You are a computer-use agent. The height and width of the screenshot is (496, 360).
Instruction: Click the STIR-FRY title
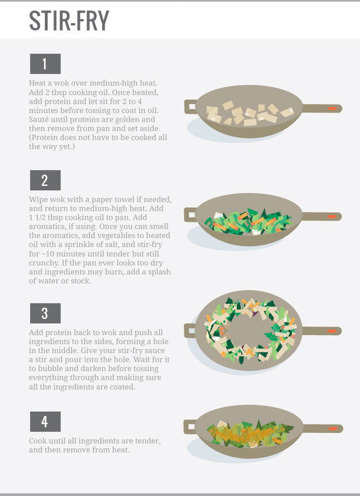[69, 20]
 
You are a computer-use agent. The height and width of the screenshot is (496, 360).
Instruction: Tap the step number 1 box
[46, 63]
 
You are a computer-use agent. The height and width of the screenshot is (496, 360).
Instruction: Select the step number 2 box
[46, 180]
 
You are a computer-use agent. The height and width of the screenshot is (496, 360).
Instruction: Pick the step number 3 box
[46, 313]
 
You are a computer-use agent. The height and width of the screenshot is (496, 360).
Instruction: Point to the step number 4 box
[46, 421]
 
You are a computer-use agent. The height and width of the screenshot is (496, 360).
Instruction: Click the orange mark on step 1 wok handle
[332, 108]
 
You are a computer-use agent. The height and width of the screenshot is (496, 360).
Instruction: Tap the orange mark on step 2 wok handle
[332, 217]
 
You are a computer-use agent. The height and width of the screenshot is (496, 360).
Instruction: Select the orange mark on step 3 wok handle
[332, 331]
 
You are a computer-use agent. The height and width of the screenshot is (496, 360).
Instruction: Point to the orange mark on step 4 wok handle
[333, 429]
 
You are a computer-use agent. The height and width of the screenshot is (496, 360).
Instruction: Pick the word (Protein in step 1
[43, 138]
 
